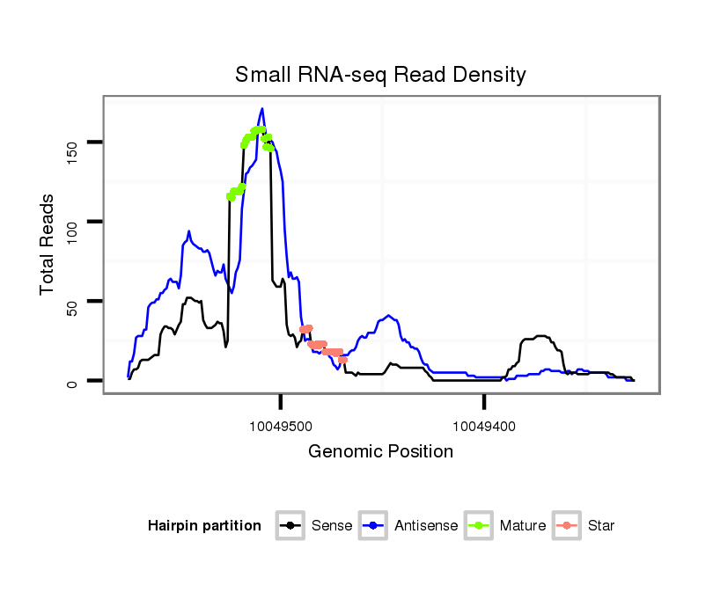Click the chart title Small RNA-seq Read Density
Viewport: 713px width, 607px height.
[x=380, y=75]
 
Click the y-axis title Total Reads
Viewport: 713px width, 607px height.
[x=48, y=244]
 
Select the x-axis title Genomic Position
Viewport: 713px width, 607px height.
[x=380, y=451]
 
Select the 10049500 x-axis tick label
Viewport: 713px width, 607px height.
[x=282, y=426]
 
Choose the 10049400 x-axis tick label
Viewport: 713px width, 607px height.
[x=484, y=426]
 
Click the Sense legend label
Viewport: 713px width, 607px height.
[x=332, y=526]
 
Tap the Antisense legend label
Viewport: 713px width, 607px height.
[x=426, y=526]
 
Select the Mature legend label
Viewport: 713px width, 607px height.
[x=523, y=526]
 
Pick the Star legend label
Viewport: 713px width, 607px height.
[x=601, y=526]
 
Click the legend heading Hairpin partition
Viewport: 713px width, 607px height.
[x=204, y=526]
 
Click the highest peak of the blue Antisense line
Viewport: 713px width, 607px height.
[x=261, y=109]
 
